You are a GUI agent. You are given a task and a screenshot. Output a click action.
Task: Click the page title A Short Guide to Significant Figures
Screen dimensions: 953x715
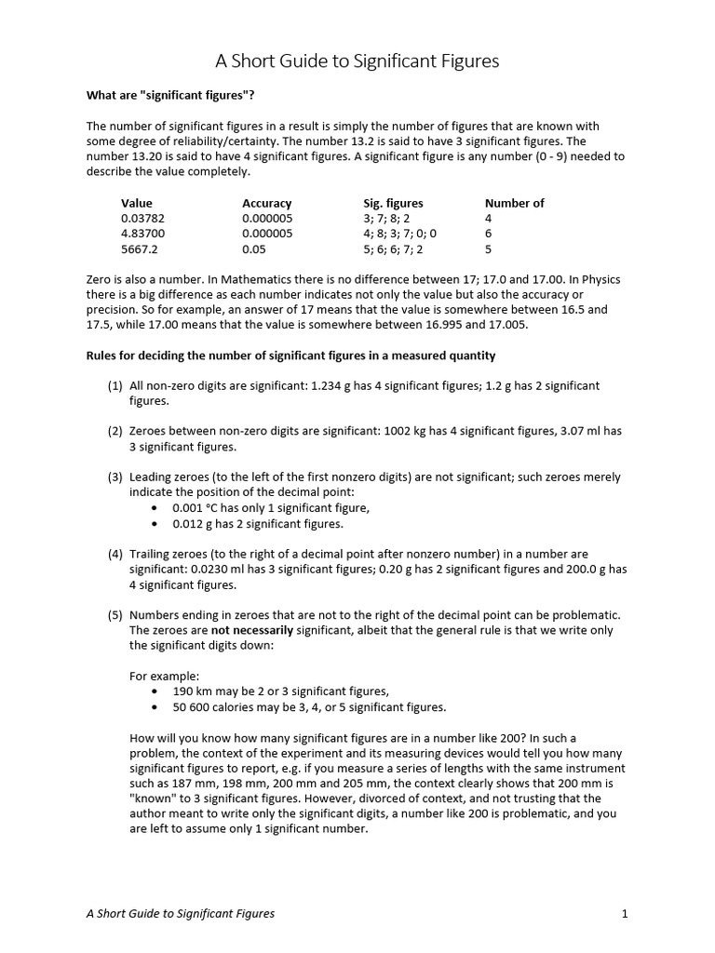coord(357,61)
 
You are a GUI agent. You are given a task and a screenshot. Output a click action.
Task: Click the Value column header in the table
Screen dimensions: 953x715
coord(137,203)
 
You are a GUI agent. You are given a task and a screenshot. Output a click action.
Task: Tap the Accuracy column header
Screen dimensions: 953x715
coord(266,203)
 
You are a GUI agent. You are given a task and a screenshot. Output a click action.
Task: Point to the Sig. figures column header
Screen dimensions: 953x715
coord(393,203)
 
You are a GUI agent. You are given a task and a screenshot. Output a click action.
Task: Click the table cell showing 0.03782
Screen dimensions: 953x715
coord(142,219)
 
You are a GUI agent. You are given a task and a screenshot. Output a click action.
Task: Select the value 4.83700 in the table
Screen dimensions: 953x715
coord(142,234)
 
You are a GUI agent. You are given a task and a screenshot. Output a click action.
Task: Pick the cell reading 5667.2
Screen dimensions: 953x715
coord(139,249)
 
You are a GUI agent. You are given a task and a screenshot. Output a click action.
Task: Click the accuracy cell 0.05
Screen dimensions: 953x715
coord(254,249)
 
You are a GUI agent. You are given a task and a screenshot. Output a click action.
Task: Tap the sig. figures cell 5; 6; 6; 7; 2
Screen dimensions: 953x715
coord(393,249)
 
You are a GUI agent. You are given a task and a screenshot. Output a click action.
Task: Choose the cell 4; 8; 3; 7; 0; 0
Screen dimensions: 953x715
coord(399,234)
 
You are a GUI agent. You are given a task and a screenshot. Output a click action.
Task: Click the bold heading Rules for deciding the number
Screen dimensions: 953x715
coord(290,356)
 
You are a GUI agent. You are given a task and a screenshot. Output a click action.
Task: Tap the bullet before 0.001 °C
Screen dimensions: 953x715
coord(154,508)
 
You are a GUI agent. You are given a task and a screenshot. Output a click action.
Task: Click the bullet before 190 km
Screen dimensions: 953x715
coord(154,691)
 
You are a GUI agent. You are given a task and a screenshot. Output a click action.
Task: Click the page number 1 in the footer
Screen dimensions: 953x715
coord(625,914)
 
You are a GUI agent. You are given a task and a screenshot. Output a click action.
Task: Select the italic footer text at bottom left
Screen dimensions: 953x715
coord(181,914)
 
